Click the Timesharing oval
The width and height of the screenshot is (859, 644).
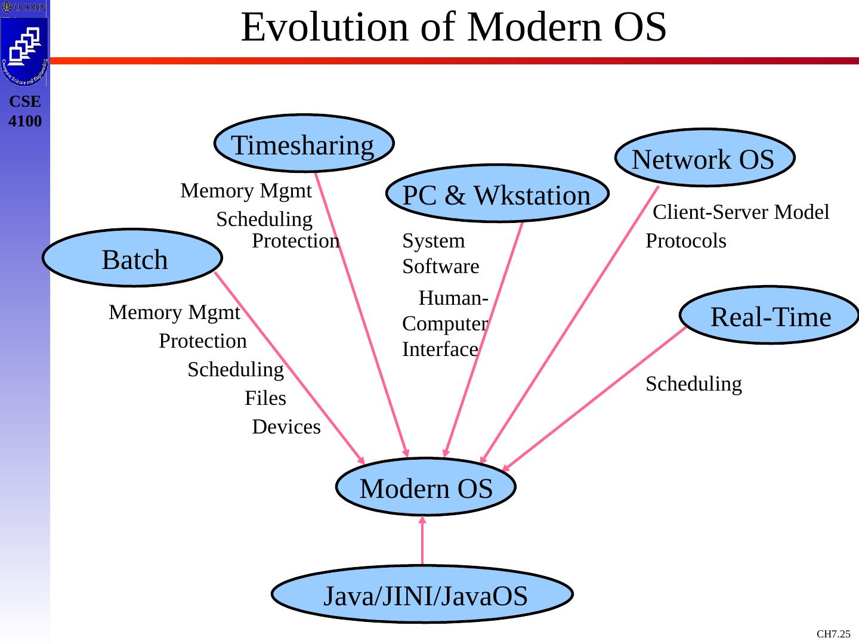pyautogui.click(x=303, y=144)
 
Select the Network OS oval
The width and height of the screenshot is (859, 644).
pyautogui.click(x=704, y=159)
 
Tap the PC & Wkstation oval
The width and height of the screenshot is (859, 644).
pyautogui.click(x=497, y=194)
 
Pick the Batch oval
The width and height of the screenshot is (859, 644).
pyautogui.click(x=133, y=259)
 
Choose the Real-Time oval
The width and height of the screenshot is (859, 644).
pyautogui.click(x=770, y=316)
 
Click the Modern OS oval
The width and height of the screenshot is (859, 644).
pyautogui.click(x=426, y=488)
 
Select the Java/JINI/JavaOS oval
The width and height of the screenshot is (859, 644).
pyautogui.click(x=422, y=595)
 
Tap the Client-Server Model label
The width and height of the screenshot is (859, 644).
pyautogui.click(x=741, y=212)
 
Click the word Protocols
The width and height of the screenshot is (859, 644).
pyautogui.click(x=686, y=241)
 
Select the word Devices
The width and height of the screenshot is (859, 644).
pyautogui.click(x=286, y=428)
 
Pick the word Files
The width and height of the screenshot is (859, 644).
pyautogui.click(x=265, y=398)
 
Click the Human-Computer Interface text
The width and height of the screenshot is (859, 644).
pyautogui.click(x=446, y=324)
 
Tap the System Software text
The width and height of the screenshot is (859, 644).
pyautogui.click(x=440, y=253)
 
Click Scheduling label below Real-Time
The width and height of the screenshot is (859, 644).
pyautogui.click(x=694, y=384)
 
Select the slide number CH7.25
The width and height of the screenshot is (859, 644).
pyautogui.click(x=833, y=634)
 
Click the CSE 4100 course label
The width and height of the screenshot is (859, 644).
pyautogui.click(x=25, y=112)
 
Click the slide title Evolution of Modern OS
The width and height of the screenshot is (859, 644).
pyautogui.click(x=453, y=27)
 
